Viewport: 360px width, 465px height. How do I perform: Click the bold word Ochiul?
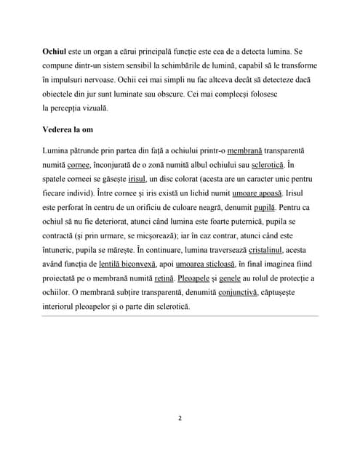point(54,53)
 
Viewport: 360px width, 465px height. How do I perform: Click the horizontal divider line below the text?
point(180,316)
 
